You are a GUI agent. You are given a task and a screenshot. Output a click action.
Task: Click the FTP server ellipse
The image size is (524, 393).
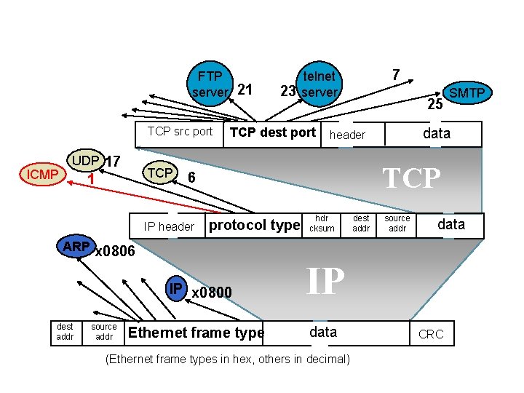tap(210, 84)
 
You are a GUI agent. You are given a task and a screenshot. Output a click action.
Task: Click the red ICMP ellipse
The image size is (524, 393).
tap(42, 175)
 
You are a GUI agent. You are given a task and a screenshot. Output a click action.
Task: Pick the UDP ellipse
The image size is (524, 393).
tap(85, 161)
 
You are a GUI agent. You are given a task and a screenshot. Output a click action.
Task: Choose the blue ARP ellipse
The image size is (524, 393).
tap(76, 247)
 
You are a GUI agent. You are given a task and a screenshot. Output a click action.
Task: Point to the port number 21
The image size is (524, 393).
tap(245, 90)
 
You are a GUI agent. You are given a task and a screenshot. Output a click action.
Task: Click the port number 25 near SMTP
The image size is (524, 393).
tap(434, 105)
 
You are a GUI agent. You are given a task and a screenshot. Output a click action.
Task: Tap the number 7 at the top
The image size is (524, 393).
tap(395, 74)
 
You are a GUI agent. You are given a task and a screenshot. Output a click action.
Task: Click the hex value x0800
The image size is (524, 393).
tap(211, 293)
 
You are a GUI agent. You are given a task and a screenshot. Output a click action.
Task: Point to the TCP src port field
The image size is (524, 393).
tap(180, 132)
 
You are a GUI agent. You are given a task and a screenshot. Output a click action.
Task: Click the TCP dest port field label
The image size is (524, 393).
tap(272, 132)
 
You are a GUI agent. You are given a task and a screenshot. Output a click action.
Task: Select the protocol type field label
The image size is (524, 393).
tap(254, 226)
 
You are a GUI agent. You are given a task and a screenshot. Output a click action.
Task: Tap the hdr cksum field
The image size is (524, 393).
tap(322, 223)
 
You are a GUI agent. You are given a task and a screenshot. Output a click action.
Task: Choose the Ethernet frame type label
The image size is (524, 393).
tap(196, 333)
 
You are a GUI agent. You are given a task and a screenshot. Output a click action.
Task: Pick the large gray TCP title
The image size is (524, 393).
tap(412, 178)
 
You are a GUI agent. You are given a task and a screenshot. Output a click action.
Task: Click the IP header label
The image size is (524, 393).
tap(169, 226)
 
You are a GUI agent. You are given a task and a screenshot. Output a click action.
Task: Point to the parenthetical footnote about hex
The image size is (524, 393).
tap(228, 360)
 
